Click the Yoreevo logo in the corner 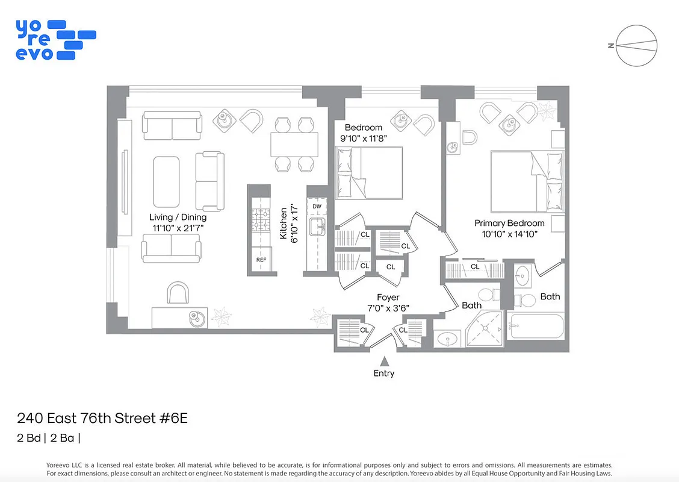[55, 40]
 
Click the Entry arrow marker [383, 361]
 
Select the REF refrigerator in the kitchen [261, 260]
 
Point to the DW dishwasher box [317, 207]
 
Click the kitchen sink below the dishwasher [317, 227]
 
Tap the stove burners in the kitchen [261, 220]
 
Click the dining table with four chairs [294, 144]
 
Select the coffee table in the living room [167, 181]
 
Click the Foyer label [388, 297]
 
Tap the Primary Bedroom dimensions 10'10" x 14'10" [509, 234]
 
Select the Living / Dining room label [178, 217]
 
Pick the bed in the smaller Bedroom [368, 173]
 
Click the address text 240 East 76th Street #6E [102, 418]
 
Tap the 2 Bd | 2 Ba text [48, 438]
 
